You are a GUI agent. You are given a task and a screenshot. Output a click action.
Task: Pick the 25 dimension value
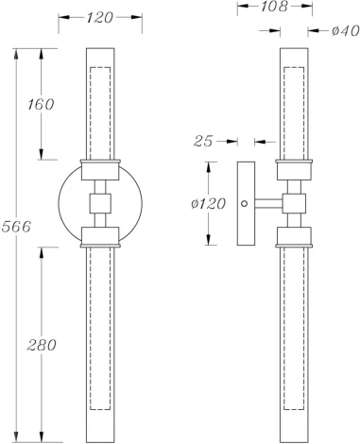pyautogui.click(x=201, y=142)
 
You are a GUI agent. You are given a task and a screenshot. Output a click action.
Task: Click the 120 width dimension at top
pyautogui.click(x=101, y=18)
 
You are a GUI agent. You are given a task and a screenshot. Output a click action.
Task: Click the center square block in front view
pyautogui.click(x=100, y=203)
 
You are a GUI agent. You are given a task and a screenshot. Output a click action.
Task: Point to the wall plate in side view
pyautogui.click(x=245, y=203)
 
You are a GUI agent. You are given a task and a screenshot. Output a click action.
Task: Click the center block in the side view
pyautogui.click(x=294, y=203)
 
